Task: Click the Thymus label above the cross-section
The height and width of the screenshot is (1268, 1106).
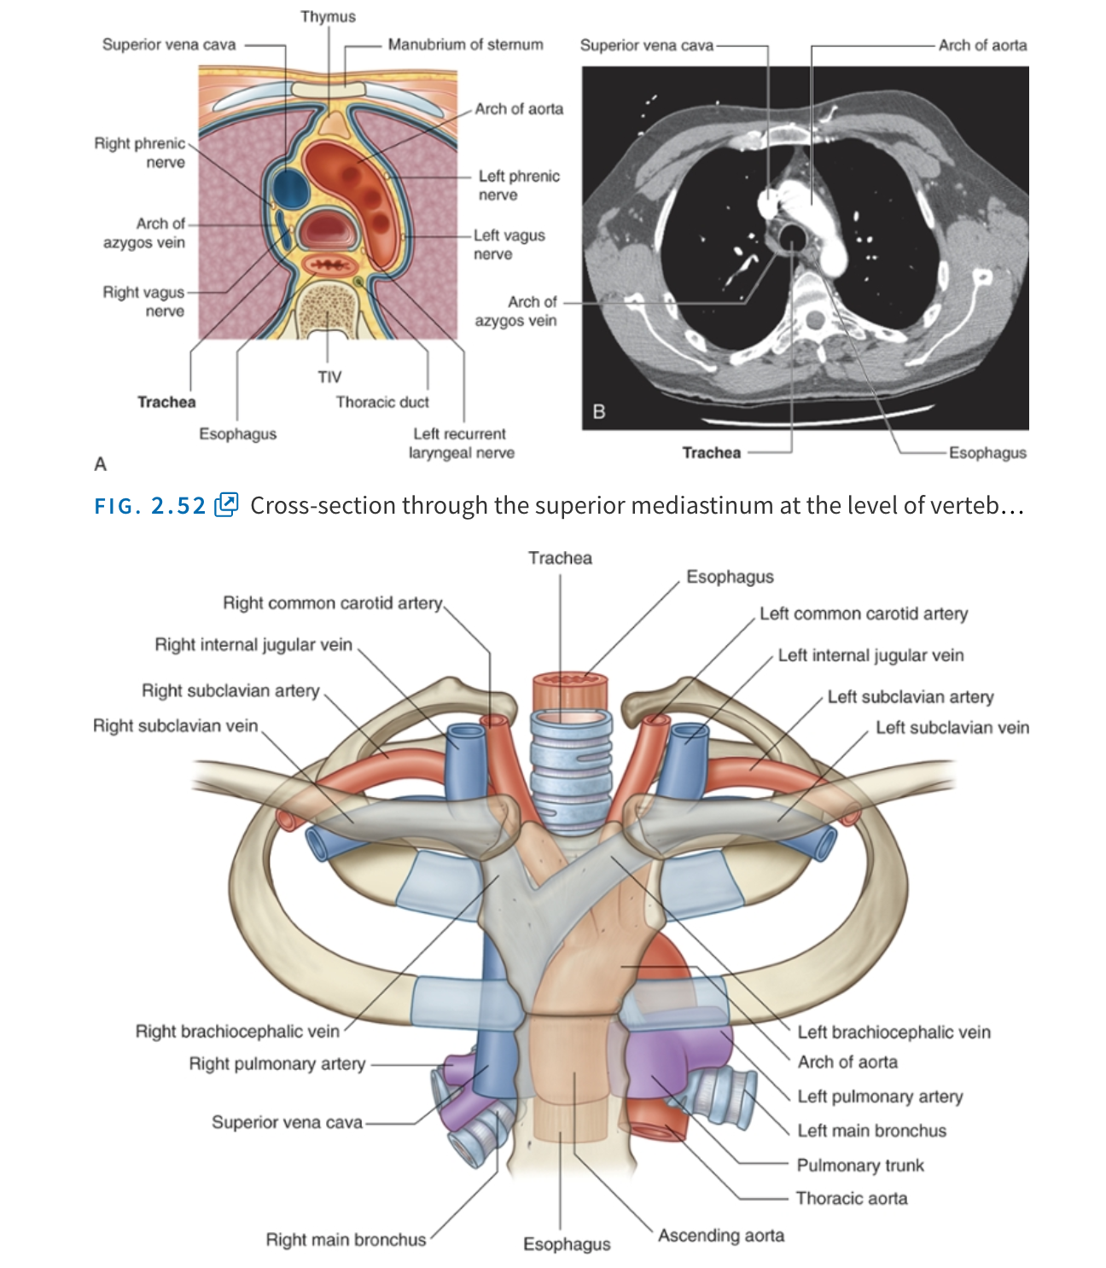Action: [328, 16]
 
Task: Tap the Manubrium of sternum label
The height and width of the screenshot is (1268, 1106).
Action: [465, 44]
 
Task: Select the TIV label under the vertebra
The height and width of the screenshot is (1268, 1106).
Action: [329, 376]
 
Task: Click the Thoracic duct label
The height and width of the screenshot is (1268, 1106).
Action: [382, 402]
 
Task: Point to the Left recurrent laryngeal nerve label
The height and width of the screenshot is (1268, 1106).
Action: [461, 443]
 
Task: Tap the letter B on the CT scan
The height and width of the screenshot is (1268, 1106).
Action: [599, 412]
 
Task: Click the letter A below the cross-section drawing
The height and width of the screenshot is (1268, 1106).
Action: [101, 464]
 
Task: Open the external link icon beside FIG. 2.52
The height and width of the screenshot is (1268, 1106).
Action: [227, 504]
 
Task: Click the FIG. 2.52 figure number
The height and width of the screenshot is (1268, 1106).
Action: [150, 506]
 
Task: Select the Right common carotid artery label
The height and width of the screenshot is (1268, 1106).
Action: [333, 603]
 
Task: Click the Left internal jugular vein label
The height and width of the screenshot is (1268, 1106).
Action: [870, 655]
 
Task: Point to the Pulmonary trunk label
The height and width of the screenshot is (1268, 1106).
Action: [860, 1166]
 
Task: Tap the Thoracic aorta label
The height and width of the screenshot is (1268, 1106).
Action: [852, 1199]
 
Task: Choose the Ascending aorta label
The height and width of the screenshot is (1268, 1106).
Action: [721, 1236]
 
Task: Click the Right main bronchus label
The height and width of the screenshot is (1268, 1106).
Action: [346, 1240]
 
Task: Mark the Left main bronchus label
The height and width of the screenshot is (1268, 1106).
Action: [871, 1131]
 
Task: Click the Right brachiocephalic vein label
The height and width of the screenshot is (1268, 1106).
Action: [237, 1032]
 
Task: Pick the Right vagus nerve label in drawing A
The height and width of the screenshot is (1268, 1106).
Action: [144, 301]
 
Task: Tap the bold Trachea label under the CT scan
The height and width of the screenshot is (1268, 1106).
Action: [711, 453]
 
